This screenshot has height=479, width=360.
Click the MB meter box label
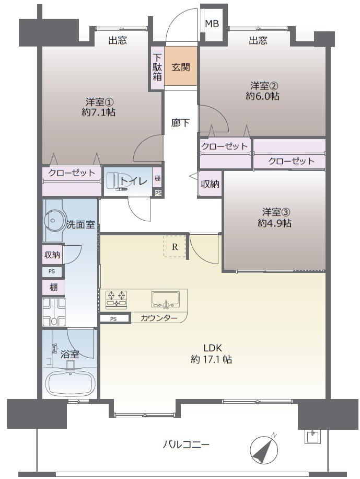[x=212, y=24]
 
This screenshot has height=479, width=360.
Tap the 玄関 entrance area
[x=181, y=67]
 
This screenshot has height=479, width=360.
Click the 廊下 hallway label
[x=181, y=123]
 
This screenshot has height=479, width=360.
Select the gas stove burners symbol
[x=117, y=299]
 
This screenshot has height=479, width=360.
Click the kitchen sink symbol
[x=166, y=300]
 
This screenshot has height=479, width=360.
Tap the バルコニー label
[x=185, y=445]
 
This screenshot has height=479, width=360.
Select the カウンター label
[x=159, y=318]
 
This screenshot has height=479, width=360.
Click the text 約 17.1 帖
[x=212, y=360]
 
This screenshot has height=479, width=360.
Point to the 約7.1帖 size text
[x=98, y=112]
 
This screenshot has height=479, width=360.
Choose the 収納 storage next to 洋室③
[x=210, y=185]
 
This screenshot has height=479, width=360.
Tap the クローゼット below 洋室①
[x=72, y=173]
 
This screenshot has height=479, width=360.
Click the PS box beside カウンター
[x=113, y=318]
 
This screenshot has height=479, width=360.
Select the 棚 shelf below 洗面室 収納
[x=53, y=288]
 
